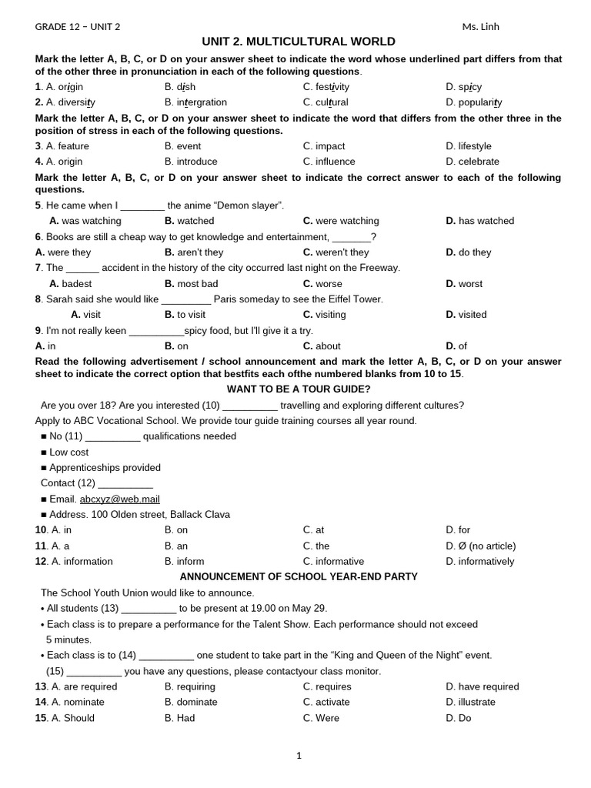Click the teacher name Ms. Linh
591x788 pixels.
click(480, 27)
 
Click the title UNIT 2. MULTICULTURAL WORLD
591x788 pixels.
click(299, 42)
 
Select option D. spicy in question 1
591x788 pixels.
click(463, 87)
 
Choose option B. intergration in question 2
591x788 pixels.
click(195, 102)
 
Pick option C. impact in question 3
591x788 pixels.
click(324, 146)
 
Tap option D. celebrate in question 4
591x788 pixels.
click(472, 162)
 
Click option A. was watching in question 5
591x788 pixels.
click(85, 221)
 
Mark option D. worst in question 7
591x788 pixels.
click(464, 284)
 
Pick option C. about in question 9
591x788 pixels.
click(322, 346)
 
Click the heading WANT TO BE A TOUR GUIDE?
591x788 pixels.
click(299, 389)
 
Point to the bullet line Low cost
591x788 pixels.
click(68, 452)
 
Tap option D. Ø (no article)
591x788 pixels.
click(480, 546)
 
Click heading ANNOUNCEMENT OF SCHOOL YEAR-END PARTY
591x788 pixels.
click(299, 576)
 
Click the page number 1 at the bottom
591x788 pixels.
click(299, 756)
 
